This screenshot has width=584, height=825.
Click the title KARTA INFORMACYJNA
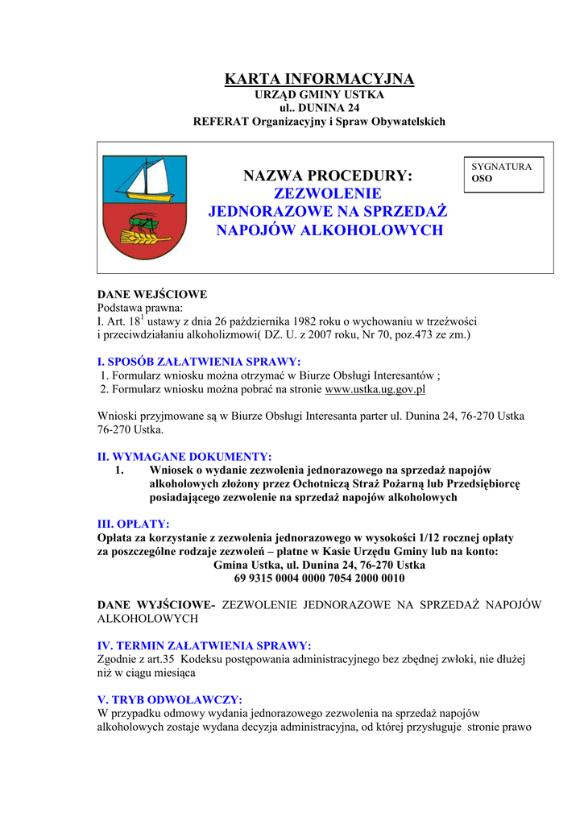point(319,79)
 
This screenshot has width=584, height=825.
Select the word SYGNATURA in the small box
point(502,167)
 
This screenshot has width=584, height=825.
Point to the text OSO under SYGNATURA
point(482,179)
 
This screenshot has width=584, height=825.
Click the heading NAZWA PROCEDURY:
point(327,176)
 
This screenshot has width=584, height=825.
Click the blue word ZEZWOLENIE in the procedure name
point(328,194)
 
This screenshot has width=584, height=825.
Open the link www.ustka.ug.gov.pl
point(375,389)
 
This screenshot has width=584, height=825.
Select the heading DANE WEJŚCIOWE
point(152,295)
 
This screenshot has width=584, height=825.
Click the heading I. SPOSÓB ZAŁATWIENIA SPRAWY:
point(199,362)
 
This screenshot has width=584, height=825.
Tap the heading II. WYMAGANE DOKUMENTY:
point(184,456)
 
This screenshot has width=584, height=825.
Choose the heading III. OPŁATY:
point(133,524)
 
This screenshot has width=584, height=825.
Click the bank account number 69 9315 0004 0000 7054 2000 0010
point(319,578)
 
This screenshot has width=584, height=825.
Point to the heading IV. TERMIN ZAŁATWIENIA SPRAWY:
point(204,645)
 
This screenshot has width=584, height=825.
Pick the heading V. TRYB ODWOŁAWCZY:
point(169,699)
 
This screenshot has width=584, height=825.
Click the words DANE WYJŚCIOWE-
point(156,605)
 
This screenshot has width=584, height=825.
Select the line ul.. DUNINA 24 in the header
point(319,108)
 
